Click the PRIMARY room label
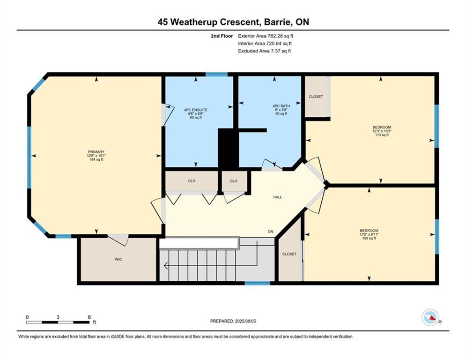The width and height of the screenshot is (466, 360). click(x=96, y=152)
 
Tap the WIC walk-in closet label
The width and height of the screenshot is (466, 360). click(x=118, y=259)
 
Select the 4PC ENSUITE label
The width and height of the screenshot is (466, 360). click(x=196, y=110)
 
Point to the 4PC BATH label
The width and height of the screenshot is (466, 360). click(x=281, y=106)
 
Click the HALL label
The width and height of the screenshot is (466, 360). click(x=277, y=197)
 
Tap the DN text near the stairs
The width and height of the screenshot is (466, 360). click(x=270, y=232)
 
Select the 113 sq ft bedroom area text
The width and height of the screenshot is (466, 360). click(x=382, y=135)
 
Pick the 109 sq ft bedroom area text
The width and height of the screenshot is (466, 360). click(x=369, y=238)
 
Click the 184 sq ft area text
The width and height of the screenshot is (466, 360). click(x=96, y=159)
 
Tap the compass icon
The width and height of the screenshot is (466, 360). click(x=430, y=317)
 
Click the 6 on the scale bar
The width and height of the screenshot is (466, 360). click(x=89, y=317)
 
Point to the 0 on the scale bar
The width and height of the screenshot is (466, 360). click(x=27, y=317)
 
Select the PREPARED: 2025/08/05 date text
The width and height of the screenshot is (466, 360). click(x=233, y=321)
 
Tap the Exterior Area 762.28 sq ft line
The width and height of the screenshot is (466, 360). click(x=266, y=36)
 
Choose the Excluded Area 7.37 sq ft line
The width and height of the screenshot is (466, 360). click(x=265, y=51)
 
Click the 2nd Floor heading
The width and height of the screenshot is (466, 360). click(x=222, y=36)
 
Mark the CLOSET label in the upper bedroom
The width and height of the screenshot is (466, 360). click(x=316, y=97)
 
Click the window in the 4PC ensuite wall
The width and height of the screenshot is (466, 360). click(x=217, y=75)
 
